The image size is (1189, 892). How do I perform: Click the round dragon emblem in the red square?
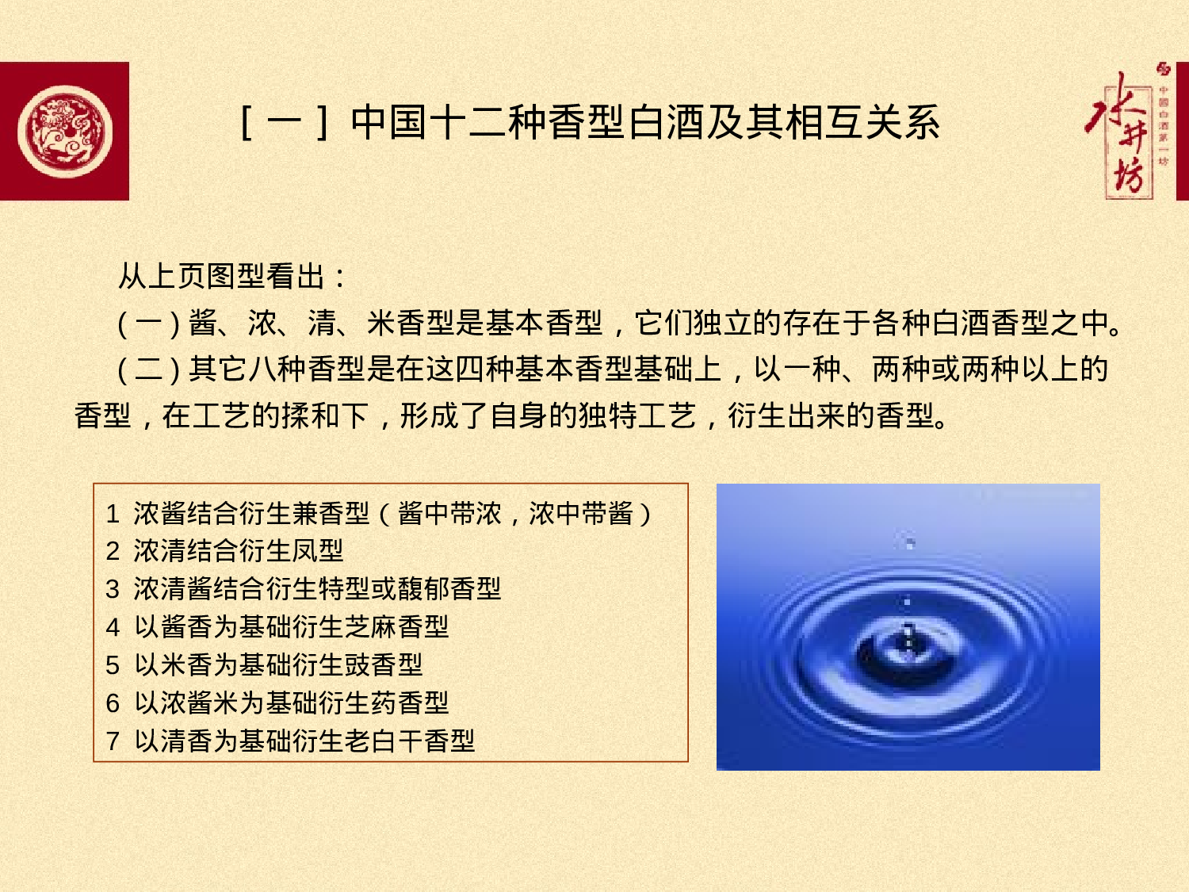(x=65, y=132)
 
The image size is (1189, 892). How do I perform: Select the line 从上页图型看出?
(x=231, y=276)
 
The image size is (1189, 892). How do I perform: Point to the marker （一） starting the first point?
(x=148, y=323)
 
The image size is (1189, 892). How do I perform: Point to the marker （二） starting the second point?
(x=148, y=369)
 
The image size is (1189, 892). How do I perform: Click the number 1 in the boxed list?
(x=113, y=514)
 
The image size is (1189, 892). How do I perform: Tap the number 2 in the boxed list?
(x=113, y=551)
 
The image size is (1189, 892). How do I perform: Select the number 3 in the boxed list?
(x=113, y=589)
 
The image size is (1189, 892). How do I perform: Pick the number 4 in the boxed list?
(x=113, y=627)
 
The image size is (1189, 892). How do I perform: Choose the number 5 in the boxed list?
(x=113, y=665)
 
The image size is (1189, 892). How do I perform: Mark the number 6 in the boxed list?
(x=113, y=703)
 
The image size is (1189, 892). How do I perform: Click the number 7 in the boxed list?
(x=113, y=741)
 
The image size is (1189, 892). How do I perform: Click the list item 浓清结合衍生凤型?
(x=238, y=551)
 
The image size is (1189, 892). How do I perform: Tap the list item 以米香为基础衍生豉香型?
(x=278, y=665)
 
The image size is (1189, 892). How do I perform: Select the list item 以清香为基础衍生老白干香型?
(x=304, y=741)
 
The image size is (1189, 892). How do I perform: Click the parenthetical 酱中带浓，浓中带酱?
(x=515, y=514)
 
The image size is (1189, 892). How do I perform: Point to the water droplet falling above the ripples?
(x=910, y=543)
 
